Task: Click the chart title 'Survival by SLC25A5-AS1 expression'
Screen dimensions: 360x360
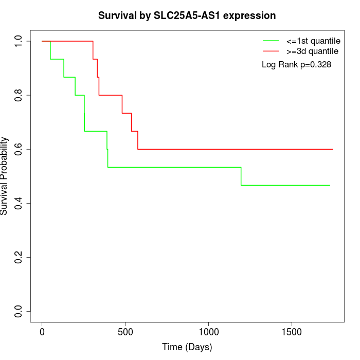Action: pyautogui.click(x=187, y=15)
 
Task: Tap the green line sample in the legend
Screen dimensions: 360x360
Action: pyautogui.click(x=271, y=41)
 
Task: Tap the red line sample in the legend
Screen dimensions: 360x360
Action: pyautogui.click(x=271, y=51)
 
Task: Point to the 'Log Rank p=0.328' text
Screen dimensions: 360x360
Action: pyautogui.click(x=296, y=65)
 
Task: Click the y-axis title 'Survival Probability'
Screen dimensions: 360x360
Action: pyautogui.click(x=5, y=176)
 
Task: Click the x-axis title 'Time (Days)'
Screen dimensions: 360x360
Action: pyautogui.click(x=187, y=347)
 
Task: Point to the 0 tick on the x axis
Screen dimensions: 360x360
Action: pyautogui.click(x=42, y=332)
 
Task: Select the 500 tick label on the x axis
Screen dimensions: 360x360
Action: pyautogui.click(x=125, y=332)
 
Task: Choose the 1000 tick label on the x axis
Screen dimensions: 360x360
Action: pyautogui.click(x=209, y=332)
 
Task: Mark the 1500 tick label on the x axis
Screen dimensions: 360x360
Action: pyautogui.click(x=292, y=332)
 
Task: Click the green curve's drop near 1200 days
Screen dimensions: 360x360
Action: pyautogui.click(x=241, y=176)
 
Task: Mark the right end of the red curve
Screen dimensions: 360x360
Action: pyautogui.click(x=333, y=149)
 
